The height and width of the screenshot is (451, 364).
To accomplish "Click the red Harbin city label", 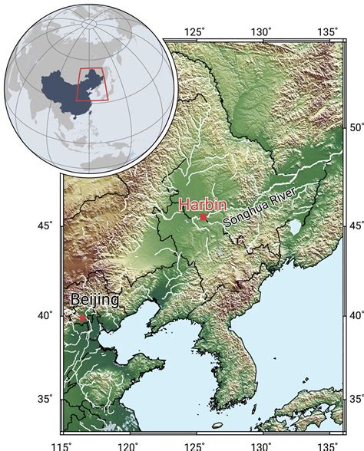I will point(204,205).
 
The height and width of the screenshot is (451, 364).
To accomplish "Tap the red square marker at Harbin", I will point(204,217).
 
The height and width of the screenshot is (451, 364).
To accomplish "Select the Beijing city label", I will point(94,299).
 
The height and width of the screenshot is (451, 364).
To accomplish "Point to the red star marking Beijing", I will point(82,317).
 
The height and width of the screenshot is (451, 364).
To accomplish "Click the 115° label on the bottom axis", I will point(61,446).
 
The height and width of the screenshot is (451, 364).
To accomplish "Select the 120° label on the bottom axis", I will point(127,446).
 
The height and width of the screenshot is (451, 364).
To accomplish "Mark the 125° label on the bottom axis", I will point(195,446).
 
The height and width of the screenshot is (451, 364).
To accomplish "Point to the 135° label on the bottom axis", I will point(328,446).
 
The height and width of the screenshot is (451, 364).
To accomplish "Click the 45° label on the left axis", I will point(45,225).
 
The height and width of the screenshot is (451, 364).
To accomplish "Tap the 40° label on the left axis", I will point(45,315).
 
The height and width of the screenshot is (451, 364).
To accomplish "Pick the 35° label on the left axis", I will point(45,399).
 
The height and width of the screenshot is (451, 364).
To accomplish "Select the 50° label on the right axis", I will point(356,127).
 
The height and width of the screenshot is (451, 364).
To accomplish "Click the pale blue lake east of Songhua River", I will point(293,228).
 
